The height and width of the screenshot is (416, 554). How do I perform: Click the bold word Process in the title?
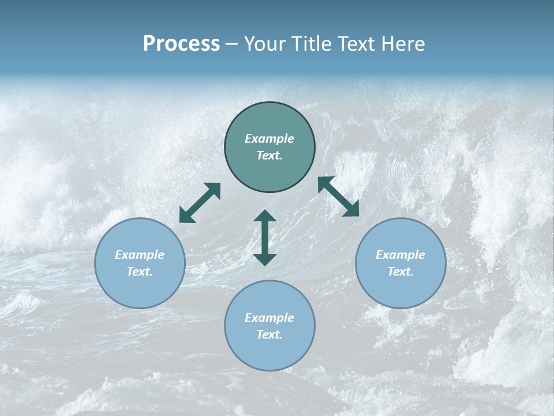pyautogui.click(x=181, y=44)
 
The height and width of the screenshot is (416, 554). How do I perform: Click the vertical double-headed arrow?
pyautogui.click(x=265, y=237)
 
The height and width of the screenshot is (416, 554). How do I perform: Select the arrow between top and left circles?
pyautogui.click(x=200, y=203)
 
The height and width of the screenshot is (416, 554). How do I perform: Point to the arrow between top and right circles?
pyautogui.click(x=339, y=196)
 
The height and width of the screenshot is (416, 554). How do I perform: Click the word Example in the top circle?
pyautogui.click(x=269, y=139)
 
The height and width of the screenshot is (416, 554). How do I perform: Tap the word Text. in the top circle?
pyautogui.click(x=269, y=155)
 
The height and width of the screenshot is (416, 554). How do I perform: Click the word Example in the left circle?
pyautogui.click(x=140, y=255)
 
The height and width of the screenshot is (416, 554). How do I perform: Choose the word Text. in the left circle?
pyautogui.click(x=140, y=272)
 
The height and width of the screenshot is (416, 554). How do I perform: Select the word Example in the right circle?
pyautogui.click(x=400, y=255)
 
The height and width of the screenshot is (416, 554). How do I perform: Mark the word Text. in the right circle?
pyautogui.click(x=400, y=272)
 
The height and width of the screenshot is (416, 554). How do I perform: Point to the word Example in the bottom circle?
pyautogui.click(x=269, y=318)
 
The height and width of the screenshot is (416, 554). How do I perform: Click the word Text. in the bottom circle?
pyautogui.click(x=269, y=335)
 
